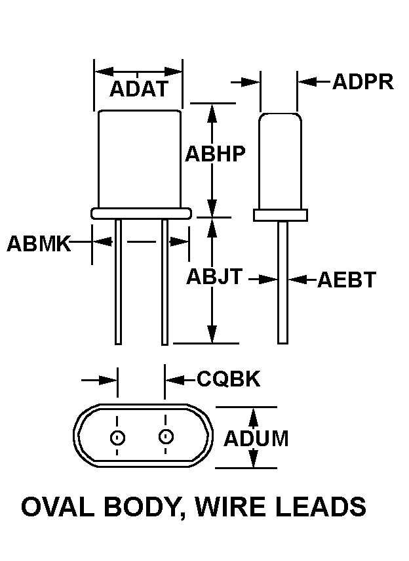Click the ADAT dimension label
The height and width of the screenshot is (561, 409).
pyautogui.click(x=139, y=89)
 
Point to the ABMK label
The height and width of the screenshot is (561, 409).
pyautogui.click(x=38, y=243)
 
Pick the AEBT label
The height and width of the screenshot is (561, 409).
pyautogui.click(x=347, y=280)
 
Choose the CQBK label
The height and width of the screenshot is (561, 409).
pyautogui.click(x=229, y=379)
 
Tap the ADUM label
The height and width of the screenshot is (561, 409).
pyautogui.click(x=256, y=438)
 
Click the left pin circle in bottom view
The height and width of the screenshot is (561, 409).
pyautogui.click(x=118, y=437)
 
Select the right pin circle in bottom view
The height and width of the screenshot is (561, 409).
pyautogui.click(x=165, y=436)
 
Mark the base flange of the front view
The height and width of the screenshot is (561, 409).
pyautogui.click(x=141, y=213)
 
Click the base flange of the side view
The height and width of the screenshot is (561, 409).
pyautogui.click(x=281, y=215)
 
